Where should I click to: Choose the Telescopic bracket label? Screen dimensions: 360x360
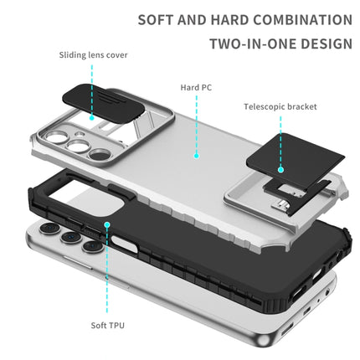[280, 106]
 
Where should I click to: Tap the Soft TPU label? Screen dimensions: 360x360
[106, 325]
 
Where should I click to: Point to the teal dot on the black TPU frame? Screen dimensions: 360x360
[106, 225]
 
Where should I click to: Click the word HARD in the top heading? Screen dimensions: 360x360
[230, 19]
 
